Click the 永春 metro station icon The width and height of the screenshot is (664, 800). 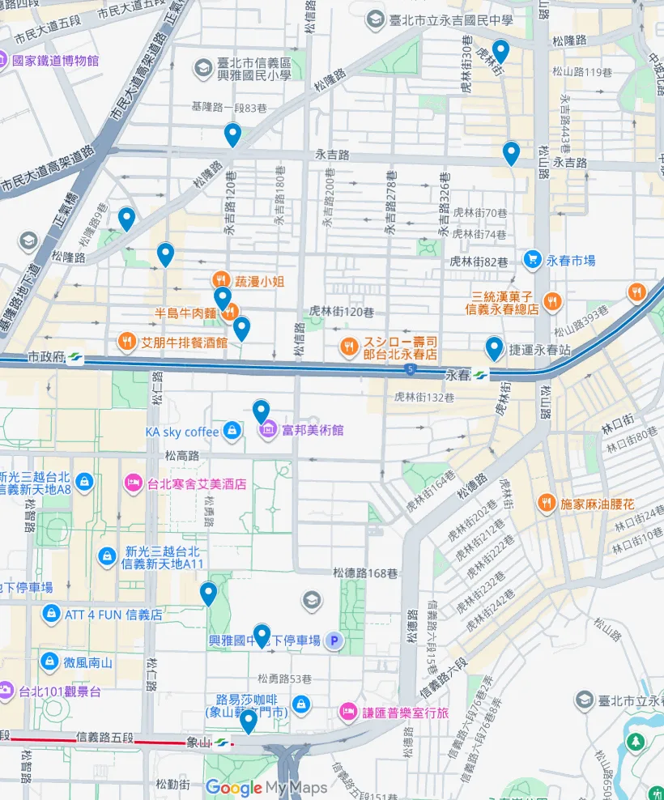[x=481, y=376]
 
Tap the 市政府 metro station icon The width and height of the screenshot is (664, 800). [x=75, y=356]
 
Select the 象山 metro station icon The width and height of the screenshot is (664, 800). [x=221, y=743]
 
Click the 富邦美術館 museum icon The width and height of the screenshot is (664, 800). [x=267, y=430]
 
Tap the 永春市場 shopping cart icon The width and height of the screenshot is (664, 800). [x=532, y=260]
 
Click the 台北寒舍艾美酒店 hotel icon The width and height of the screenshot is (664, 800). [x=132, y=484]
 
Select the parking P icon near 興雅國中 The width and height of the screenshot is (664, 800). [x=333, y=640]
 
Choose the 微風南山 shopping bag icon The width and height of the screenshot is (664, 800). [x=50, y=662]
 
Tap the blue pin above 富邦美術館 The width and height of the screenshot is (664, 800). [x=261, y=411]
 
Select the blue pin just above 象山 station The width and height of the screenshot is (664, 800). [x=249, y=721]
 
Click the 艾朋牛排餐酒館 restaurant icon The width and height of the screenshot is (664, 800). [x=126, y=342]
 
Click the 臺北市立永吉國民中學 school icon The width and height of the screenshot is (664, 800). [x=374, y=19]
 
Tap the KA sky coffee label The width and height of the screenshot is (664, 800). [x=182, y=432]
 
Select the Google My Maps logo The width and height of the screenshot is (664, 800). [x=266, y=788]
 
